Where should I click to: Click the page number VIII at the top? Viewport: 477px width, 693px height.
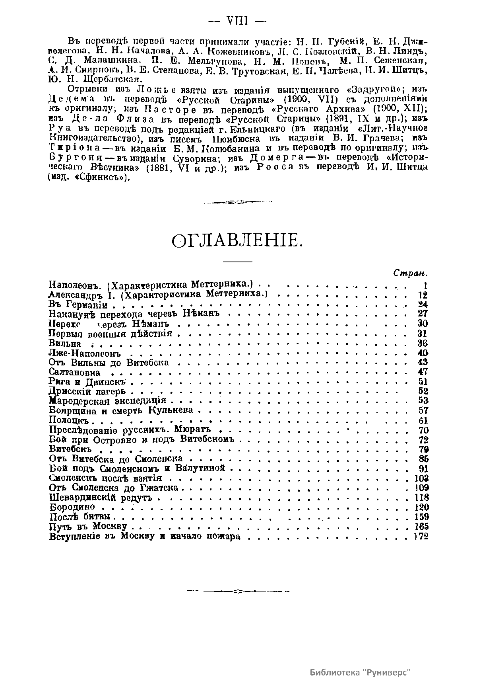click(237, 21)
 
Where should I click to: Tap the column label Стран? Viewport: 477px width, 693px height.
click(410, 274)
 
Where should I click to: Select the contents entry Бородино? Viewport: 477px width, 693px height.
click(72, 507)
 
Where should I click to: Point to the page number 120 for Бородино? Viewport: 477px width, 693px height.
click(421, 507)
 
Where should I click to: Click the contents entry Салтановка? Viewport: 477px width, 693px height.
click(74, 373)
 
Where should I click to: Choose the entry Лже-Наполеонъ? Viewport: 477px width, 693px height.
click(84, 353)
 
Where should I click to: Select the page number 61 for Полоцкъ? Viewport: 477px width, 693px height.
click(423, 421)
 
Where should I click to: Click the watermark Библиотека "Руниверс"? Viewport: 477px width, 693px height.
click(359, 672)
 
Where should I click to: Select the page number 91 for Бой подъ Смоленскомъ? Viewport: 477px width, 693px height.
click(423, 468)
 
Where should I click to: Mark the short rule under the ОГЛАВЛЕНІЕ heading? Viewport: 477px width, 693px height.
click(237, 261)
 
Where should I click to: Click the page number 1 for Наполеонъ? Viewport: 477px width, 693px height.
click(425, 285)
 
